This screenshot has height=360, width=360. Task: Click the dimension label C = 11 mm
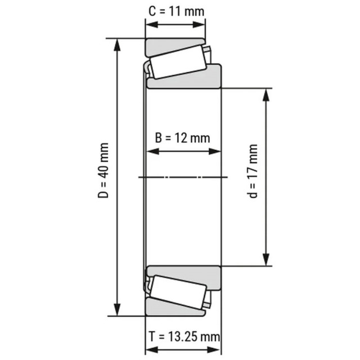pos(176,11)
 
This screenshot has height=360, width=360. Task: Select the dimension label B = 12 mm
pos(182,138)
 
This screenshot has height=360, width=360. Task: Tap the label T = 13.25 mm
pos(184,336)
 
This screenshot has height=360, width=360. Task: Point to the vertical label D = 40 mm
pos(103,170)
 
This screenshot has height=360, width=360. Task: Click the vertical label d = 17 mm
pos(253,171)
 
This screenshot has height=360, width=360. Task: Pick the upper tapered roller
pos(178,62)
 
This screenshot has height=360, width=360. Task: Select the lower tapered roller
pos(178,292)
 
